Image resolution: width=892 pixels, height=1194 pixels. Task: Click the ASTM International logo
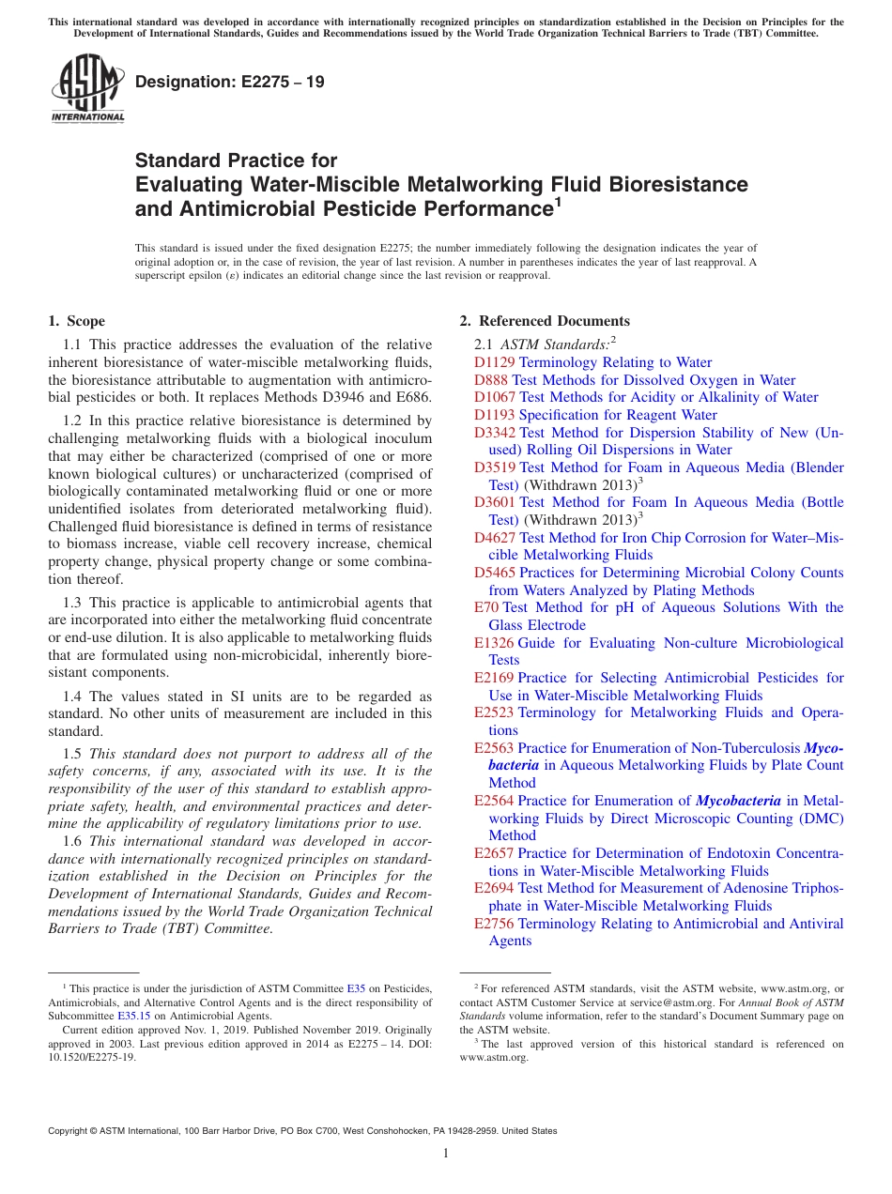[87, 88]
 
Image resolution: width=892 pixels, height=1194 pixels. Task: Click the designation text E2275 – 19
[230, 82]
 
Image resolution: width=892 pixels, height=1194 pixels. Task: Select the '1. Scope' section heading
[76, 321]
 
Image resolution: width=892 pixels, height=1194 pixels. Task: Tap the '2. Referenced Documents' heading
[545, 321]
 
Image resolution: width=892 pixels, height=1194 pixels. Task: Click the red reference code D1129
[495, 362]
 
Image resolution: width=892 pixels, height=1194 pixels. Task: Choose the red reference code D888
[491, 380]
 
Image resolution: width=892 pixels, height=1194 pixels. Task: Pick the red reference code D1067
[495, 397]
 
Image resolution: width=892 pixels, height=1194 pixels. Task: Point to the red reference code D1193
[495, 415]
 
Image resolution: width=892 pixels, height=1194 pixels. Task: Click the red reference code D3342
[495, 433]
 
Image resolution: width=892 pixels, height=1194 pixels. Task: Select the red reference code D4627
[495, 538]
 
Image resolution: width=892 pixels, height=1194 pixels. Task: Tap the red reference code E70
[486, 607]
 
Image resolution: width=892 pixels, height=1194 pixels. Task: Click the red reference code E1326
[494, 643]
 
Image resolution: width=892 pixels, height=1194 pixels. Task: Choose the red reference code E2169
[494, 678]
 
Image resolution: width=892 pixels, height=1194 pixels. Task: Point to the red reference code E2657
[494, 853]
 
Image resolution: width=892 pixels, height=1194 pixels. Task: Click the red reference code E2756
[494, 924]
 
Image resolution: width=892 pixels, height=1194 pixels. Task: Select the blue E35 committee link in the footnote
[356, 988]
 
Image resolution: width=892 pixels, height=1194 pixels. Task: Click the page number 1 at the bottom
[446, 1154]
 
